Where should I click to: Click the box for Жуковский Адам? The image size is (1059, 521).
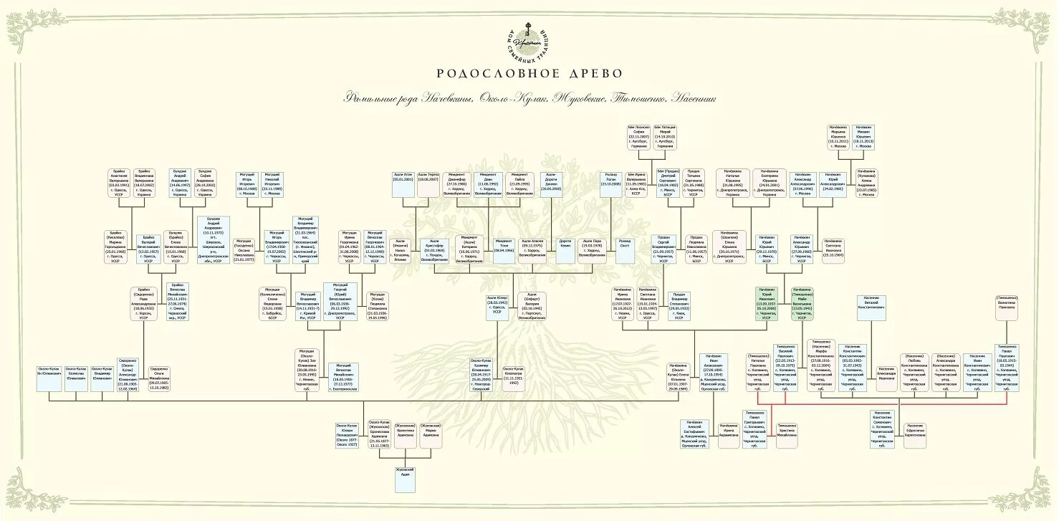(x=405, y=479)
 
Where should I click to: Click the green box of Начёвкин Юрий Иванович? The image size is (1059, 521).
(x=767, y=307)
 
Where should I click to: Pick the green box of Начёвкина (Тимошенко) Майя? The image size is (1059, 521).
(x=801, y=307)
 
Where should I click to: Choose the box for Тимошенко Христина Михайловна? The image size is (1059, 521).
(x=786, y=434)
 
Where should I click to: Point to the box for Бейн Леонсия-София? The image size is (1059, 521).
(x=638, y=138)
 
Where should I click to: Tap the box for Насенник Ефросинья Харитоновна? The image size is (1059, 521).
(x=915, y=434)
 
